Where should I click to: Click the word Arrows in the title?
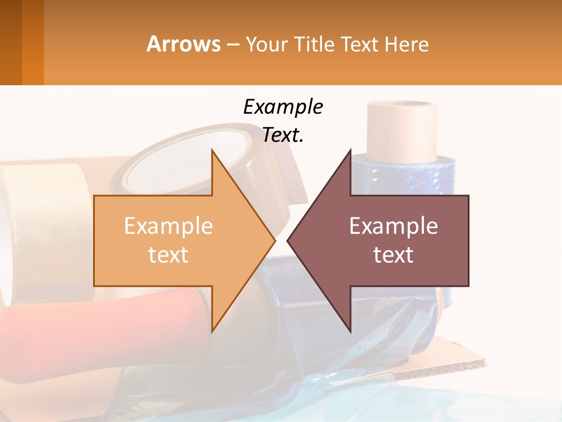click(x=183, y=44)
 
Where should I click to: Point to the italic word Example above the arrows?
click(x=283, y=107)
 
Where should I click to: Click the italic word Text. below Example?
click(x=283, y=135)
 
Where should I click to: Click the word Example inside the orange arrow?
click(x=169, y=226)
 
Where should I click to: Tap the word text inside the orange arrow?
click(x=169, y=255)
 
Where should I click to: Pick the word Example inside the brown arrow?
click(x=393, y=226)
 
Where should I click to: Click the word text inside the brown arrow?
click(x=393, y=255)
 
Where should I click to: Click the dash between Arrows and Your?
click(x=232, y=45)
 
